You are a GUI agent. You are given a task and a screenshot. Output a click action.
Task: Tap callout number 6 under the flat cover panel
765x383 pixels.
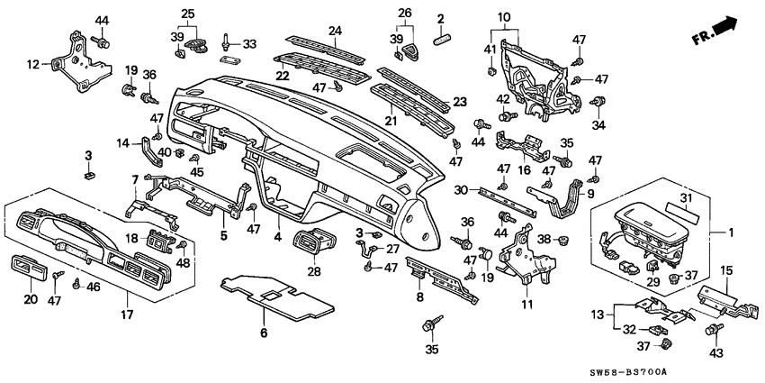pyautogui.click(x=264, y=333)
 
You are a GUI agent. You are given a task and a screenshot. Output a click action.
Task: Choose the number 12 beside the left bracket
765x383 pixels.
pyautogui.click(x=33, y=64)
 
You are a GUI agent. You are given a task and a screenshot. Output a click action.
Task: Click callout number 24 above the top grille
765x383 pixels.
pyautogui.click(x=335, y=32)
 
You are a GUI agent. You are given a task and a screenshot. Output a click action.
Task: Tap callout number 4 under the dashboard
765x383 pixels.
pyautogui.click(x=277, y=238)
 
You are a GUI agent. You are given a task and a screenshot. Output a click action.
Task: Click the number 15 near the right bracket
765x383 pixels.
pyautogui.click(x=725, y=269)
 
